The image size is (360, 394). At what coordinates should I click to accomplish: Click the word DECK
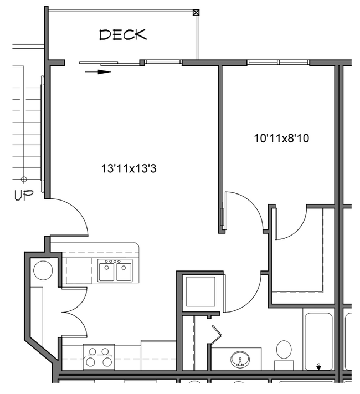click(123, 34)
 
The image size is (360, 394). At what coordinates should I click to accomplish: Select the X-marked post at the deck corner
click(196, 12)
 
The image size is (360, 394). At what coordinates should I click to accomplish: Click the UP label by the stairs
click(24, 195)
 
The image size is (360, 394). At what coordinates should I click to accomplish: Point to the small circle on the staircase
click(24, 179)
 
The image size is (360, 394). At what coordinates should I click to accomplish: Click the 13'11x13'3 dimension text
click(128, 167)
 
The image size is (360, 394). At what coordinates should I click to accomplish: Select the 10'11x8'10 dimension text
click(281, 139)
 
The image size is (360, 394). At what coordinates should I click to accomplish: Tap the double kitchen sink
click(115, 271)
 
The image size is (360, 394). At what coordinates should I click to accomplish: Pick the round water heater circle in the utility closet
click(43, 270)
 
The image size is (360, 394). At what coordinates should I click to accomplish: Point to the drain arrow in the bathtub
click(318, 366)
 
